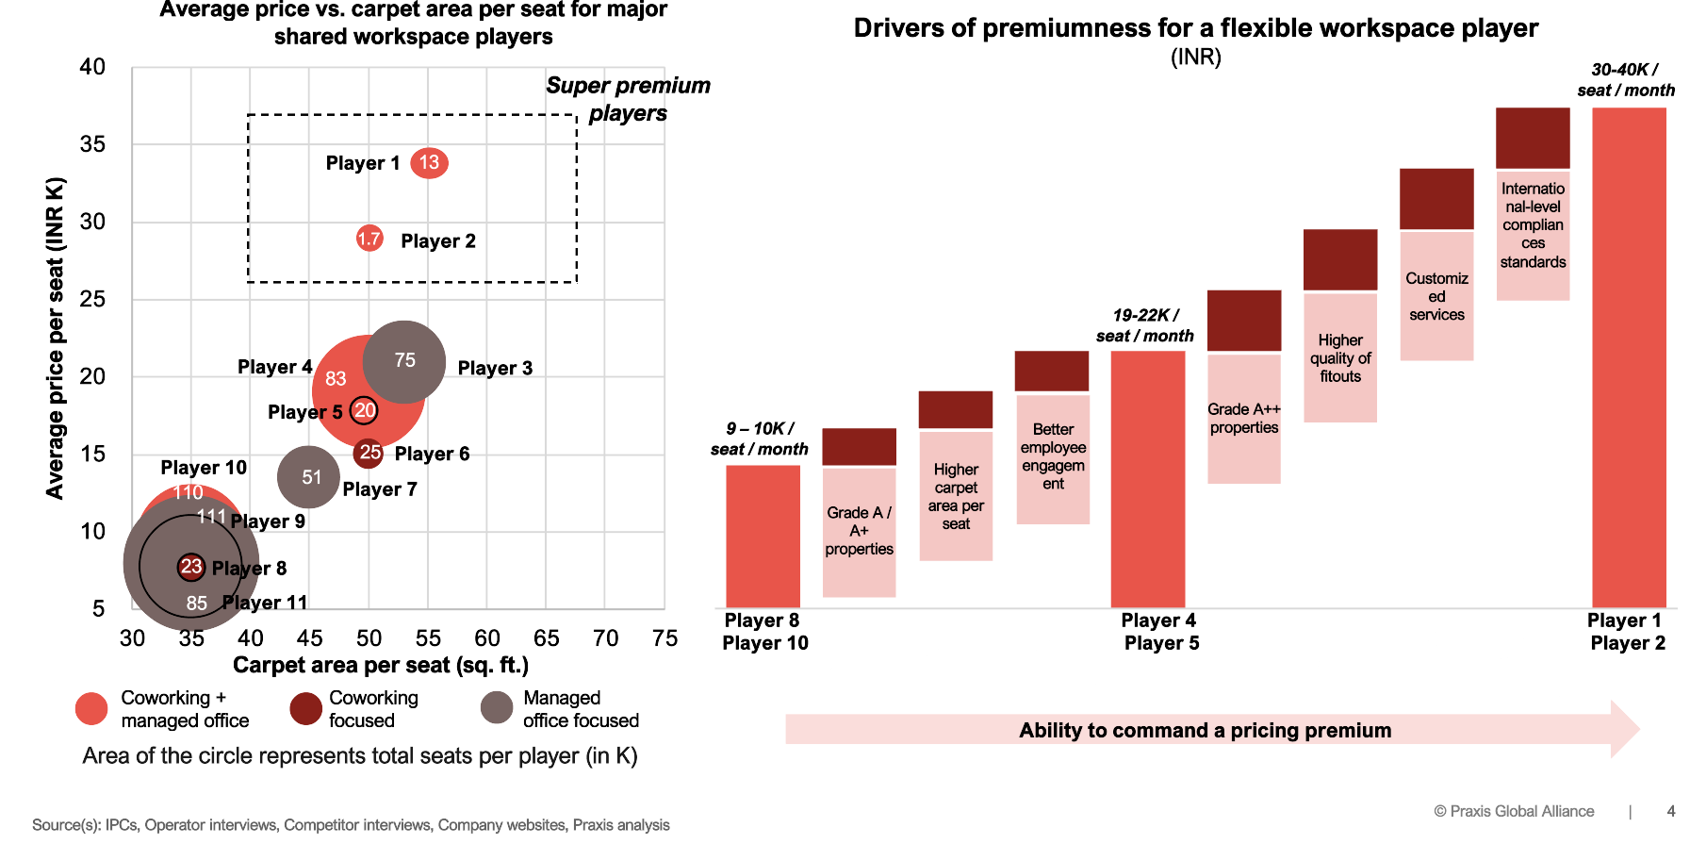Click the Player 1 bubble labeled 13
pyautogui.click(x=429, y=163)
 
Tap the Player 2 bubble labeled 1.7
pyautogui.click(x=369, y=239)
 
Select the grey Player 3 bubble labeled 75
pyautogui.click(x=404, y=361)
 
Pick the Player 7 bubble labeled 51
pyautogui.click(x=309, y=477)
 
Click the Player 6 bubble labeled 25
pyautogui.click(x=369, y=453)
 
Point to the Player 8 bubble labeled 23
pyautogui.click(x=191, y=567)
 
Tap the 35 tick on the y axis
pyautogui.click(x=93, y=144)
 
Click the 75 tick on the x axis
pyautogui.click(x=665, y=638)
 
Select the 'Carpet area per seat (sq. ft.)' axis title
pyautogui.click(x=380, y=666)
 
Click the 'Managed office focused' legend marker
pyautogui.click(x=497, y=708)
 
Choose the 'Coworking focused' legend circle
pyautogui.click(x=305, y=708)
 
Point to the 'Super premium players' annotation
pyautogui.click(x=628, y=99)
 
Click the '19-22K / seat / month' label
pyautogui.click(x=1144, y=325)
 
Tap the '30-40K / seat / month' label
pyautogui.click(x=1626, y=80)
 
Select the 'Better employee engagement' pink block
pyautogui.click(x=1053, y=458)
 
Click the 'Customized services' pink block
pyautogui.click(x=1436, y=296)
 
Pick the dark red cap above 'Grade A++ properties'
pyautogui.click(x=1244, y=321)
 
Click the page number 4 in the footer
pyautogui.click(x=1671, y=811)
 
